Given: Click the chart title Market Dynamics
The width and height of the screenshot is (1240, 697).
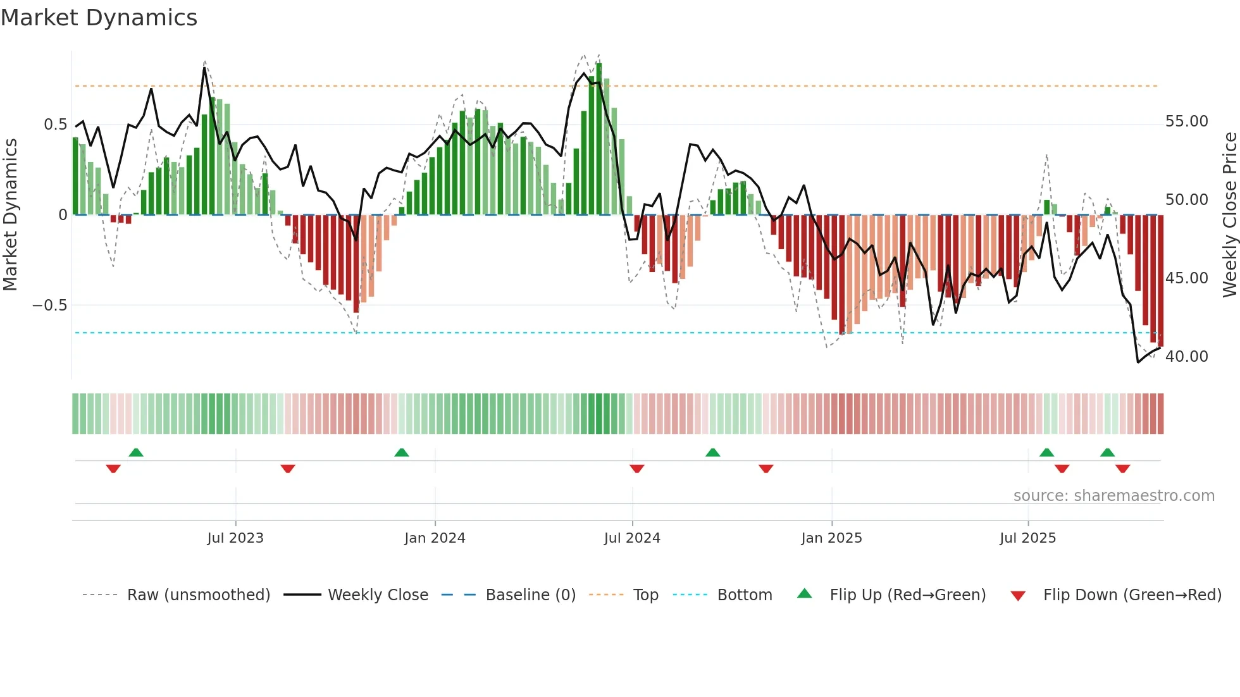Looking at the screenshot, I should (99, 18).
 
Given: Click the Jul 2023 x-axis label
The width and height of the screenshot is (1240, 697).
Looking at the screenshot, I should (235, 538).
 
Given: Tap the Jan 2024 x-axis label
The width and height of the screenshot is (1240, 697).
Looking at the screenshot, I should (435, 538).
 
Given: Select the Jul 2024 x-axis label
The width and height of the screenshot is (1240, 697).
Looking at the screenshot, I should (632, 538).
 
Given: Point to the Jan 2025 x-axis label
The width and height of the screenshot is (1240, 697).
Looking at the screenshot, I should (831, 538).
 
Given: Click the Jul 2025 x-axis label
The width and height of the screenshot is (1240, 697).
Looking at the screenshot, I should (1028, 538).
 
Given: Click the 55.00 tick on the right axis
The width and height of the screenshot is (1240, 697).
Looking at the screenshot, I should (1186, 121).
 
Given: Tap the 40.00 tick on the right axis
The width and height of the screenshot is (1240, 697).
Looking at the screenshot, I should (1186, 357).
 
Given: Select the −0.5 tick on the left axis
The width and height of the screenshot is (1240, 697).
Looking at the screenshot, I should (49, 305).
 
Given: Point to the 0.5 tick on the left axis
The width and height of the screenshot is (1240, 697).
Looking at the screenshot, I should (55, 125).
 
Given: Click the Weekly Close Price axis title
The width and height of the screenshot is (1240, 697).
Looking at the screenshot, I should (1229, 214).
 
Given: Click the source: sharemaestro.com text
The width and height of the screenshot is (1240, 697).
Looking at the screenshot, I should (1113, 496).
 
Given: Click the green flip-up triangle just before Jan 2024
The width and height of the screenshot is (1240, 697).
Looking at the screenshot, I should (401, 452).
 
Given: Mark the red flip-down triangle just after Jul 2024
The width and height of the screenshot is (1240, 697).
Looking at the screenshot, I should (637, 469).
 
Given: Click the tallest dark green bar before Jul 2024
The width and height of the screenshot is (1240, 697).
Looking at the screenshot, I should (598, 139).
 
